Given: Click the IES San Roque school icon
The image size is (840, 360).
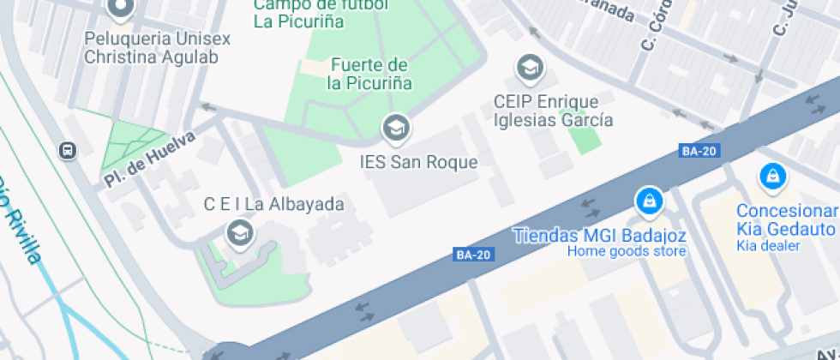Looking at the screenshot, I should [395, 129].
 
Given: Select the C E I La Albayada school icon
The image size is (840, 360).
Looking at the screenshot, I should [237, 231].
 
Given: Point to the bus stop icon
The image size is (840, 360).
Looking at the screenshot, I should [67, 151].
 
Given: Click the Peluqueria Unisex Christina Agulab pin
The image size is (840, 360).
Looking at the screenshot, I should [121, 9].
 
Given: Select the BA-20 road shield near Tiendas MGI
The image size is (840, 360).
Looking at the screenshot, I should [473, 255].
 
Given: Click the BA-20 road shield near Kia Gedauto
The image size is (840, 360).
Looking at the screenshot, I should [699, 152].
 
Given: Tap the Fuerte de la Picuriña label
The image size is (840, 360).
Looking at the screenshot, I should [369, 75].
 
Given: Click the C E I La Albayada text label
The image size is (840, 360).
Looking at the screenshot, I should [273, 204].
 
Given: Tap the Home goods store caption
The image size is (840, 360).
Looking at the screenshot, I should [626, 251].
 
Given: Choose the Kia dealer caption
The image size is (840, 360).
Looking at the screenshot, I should [768, 246].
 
